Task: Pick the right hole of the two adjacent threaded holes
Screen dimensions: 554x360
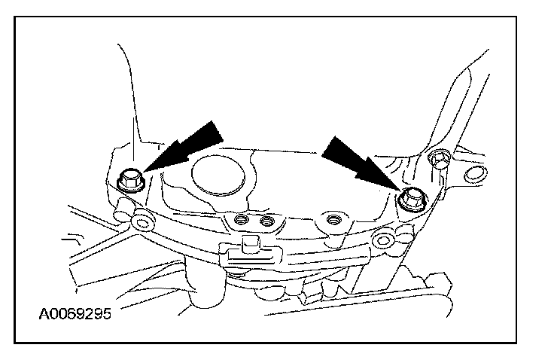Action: pos(265,222)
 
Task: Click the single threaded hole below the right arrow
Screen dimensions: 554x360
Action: pos(331,221)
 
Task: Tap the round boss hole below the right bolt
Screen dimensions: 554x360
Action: pos(385,241)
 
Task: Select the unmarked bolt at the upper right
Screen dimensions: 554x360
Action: pos(437,158)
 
